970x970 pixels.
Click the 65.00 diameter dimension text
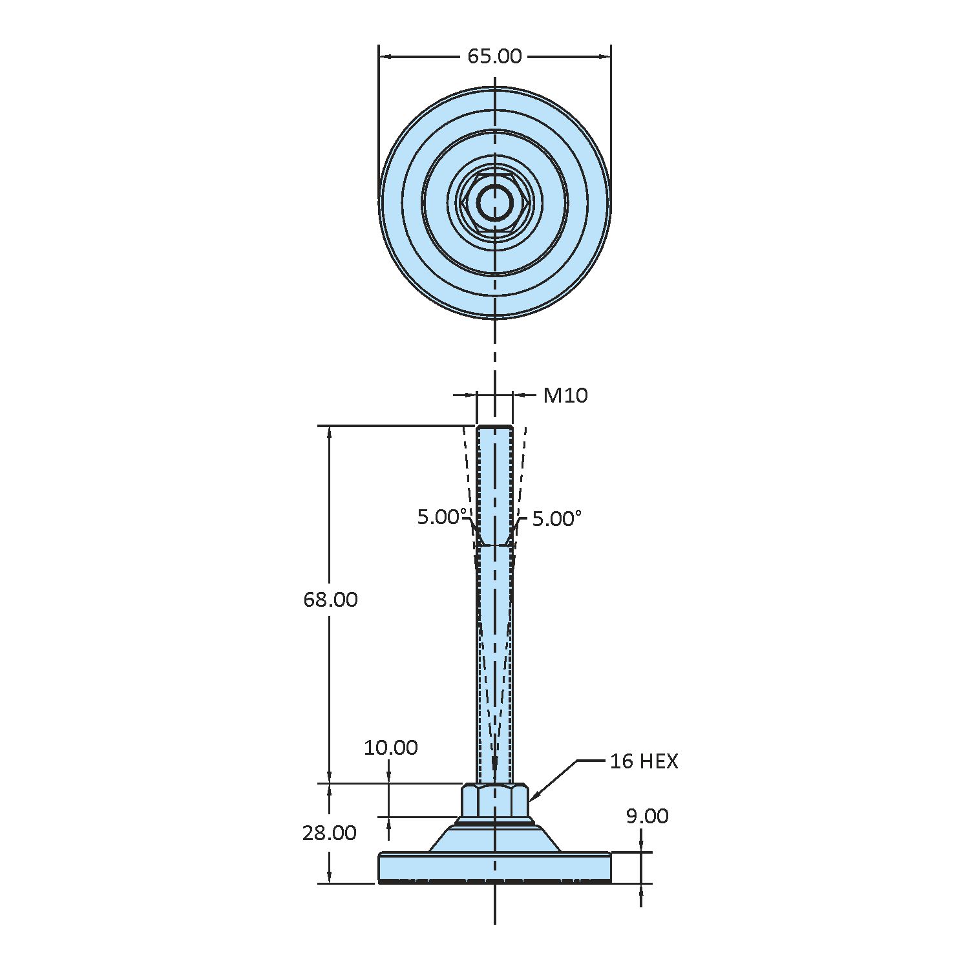pos(494,57)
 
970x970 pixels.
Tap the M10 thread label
pos(565,395)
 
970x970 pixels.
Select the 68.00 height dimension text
pos(330,600)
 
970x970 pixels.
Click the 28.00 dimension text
pos(329,833)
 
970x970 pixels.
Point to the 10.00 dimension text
pos(390,748)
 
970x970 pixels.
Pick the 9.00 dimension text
pos(647,816)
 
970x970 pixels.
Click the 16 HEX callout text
pos(644,761)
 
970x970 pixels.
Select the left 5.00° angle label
pos(442,517)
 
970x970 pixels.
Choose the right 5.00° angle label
pos(556,519)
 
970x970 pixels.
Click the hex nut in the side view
pos(495,801)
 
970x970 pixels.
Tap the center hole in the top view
pos(495,202)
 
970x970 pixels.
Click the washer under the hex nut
pos(495,822)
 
